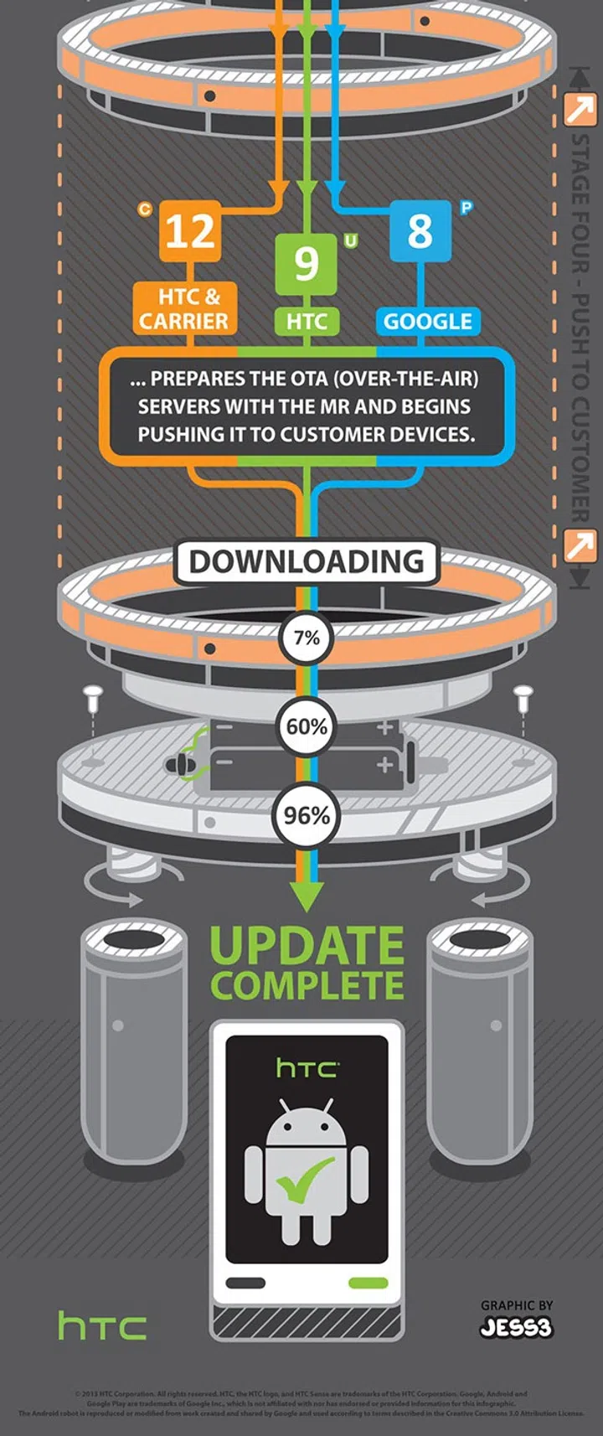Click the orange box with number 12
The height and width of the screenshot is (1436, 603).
coord(191,231)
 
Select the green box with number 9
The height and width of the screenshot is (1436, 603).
coord(307,262)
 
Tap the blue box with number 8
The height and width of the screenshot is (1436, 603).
coord(420,230)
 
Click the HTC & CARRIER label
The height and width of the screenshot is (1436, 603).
coord(184,308)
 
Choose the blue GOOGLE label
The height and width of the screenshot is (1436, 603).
coord(428,321)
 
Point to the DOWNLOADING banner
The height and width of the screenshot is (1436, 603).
coord(307,561)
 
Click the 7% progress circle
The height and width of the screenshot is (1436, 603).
coord(307,638)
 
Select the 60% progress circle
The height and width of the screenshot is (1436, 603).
coord(307,726)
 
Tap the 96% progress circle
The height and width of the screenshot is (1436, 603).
coord(307,814)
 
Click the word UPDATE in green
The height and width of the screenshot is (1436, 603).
coord(307,945)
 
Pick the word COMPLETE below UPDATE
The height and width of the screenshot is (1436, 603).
coord(307,985)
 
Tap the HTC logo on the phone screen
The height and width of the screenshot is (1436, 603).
coord(307,1068)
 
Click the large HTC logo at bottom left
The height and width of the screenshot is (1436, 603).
coord(102,1326)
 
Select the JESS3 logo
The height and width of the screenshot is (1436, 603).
coord(517,1328)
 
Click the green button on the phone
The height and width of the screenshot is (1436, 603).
coord(368,1283)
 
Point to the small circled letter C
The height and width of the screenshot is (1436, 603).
coord(145,209)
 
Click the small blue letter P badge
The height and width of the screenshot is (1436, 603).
coord(466,207)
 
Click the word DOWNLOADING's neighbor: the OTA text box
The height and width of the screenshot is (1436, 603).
coord(307,406)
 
